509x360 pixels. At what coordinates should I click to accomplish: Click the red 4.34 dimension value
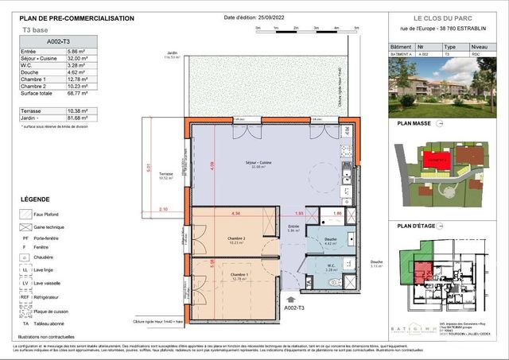235,214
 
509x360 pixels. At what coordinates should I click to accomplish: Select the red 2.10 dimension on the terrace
163,209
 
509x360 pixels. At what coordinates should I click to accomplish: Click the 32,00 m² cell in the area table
76,58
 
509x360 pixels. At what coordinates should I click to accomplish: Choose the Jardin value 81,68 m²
76,118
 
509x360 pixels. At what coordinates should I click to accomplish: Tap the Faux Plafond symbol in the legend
27,214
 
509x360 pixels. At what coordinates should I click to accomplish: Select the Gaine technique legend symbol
27,226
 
